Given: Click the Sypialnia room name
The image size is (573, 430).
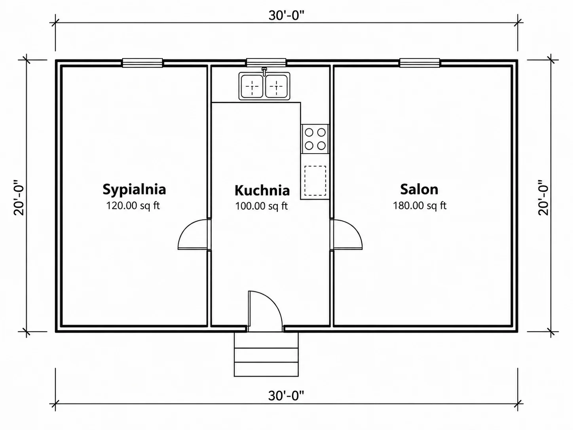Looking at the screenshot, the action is pos(134,190).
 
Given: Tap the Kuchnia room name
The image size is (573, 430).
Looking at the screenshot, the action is pos(262,190).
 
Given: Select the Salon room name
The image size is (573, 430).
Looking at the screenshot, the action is pos(419,189).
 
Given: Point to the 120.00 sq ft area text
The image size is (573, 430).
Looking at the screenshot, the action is pos(133,205).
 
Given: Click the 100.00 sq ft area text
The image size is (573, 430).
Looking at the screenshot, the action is pos(262,206).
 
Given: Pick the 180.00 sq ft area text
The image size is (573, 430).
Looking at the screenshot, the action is pos(420,205).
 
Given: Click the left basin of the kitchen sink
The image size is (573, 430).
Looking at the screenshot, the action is pos(252,86).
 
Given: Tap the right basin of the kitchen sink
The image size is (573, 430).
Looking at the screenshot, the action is pos(276,86).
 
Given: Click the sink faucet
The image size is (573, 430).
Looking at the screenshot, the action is pos(264,71).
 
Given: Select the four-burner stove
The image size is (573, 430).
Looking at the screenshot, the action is pos(315,139).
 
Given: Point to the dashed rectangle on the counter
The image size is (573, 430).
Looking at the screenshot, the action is pos(315,181).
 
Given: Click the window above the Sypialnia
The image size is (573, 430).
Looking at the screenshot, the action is pos(142,63).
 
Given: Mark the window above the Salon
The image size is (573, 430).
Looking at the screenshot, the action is pos(419,63).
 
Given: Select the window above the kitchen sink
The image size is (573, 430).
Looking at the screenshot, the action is pos(266,63).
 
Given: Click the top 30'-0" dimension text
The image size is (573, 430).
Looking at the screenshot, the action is pos(286,15).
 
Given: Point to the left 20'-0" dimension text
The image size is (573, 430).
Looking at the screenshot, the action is pos(19,197).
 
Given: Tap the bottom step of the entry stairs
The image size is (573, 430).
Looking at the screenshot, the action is pos(266,369).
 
